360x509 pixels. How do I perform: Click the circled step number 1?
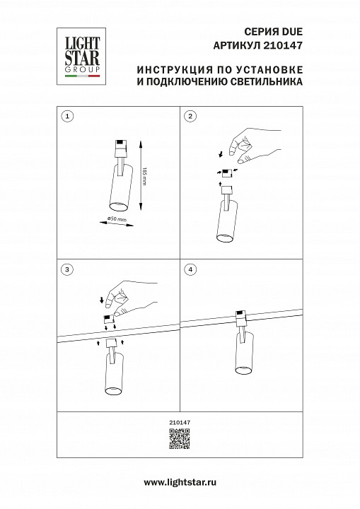[x=66, y=115]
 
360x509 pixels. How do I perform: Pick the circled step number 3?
[x=66, y=269]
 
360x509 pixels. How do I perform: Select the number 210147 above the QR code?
[x=180, y=422]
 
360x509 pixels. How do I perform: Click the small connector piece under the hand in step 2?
[x=227, y=172]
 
